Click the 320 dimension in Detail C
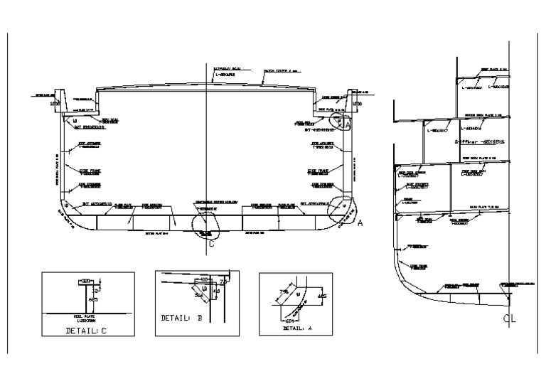86,282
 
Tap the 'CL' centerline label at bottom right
509,318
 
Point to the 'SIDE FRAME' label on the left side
88,171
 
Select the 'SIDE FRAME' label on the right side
317,171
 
